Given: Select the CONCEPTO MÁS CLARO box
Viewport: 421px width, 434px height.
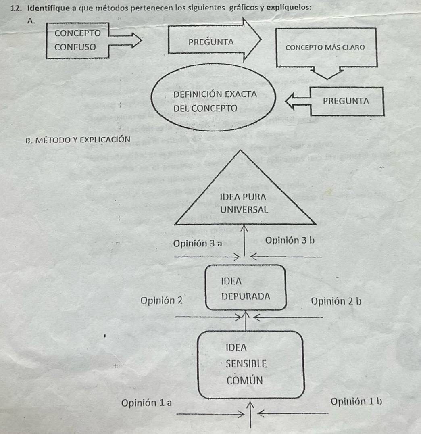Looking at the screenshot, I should coord(325,47).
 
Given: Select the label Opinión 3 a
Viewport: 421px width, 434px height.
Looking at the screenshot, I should coord(197,243).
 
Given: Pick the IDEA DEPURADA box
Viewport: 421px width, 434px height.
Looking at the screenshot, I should coord(246,287).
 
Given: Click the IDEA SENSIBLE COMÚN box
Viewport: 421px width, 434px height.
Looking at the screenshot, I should coord(250,363).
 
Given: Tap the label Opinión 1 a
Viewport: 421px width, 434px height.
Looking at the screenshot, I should coord(147,402).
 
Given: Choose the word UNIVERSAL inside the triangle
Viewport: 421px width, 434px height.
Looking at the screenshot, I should coord(244,210).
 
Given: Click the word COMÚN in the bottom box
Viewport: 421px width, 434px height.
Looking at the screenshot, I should coord(244,380).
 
